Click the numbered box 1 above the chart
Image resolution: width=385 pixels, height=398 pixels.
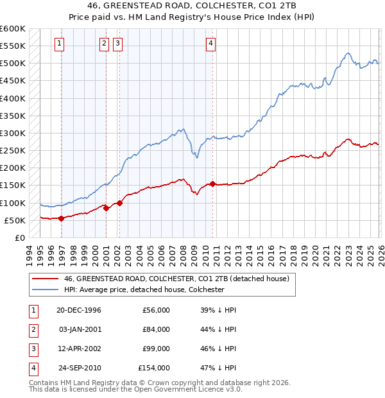(59, 44)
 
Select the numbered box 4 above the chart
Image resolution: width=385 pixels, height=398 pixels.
(210, 44)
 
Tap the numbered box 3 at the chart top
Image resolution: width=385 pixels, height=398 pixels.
(118, 44)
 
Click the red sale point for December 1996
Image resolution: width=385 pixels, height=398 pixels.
(61, 218)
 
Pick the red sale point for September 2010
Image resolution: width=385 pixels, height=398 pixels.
(212, 184)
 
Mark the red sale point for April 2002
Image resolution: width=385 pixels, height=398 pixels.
(119, 203)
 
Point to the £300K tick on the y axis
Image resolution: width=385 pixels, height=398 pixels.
(13, 133)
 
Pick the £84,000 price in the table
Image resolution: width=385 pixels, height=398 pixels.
(155, 329)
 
